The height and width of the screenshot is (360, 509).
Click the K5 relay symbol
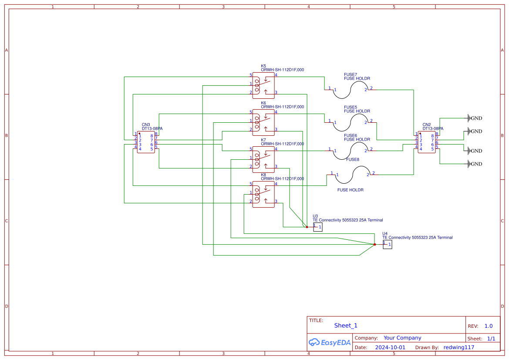click(x=263, y=83)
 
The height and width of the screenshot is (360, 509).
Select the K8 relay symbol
click(x=263, y=194)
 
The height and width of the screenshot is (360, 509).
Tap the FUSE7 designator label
click(x=351, y=74)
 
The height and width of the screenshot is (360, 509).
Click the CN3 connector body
click(x=146, y=142)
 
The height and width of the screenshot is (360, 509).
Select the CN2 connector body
click(x=427, y=142)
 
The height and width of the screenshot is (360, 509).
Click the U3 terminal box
click(x=318, y=227)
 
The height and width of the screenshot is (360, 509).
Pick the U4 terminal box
click(x=388, y=245)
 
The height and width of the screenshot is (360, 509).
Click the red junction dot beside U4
click(x=374, y=245)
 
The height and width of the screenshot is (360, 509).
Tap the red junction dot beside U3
click(x=307, y=226)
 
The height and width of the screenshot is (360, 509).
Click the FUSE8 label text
click(x=353, y=159)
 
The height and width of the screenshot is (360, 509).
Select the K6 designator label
click(x=263, y=103)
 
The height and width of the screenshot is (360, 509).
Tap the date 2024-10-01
click(x=390, y=347)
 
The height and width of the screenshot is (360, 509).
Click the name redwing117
click(x=458, y=347)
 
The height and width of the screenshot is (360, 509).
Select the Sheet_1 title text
click(x=346, y=326)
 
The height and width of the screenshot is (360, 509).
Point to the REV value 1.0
click(x=488, y=326)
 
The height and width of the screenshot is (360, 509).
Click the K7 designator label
click(x=263, y=140)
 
